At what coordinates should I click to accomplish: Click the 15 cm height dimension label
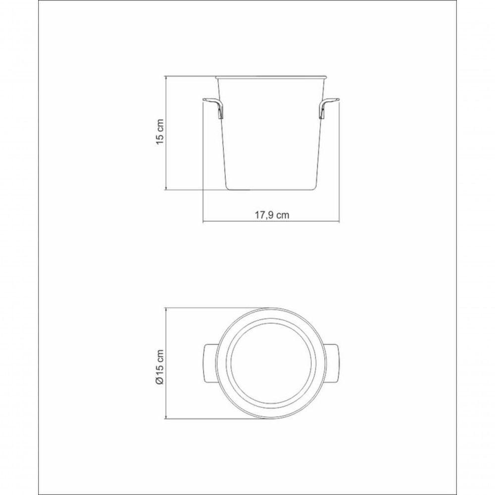[160, 133]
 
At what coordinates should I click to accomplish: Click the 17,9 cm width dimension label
[272, 215]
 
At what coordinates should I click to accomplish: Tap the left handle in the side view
[215, 107]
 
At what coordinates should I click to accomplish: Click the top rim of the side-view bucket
[272, 77]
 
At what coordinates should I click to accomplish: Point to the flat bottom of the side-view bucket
[271, 190]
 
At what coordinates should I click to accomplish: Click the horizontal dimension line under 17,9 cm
[233, 221]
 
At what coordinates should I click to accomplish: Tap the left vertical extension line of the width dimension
[203, 163]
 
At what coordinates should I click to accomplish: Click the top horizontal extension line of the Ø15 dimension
[198, 307]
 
